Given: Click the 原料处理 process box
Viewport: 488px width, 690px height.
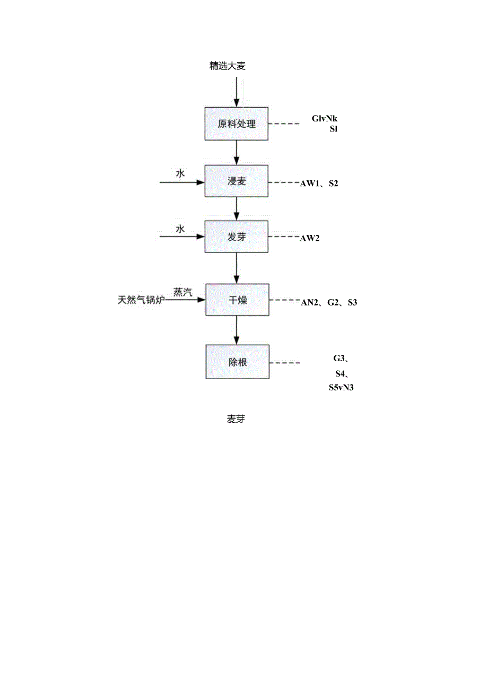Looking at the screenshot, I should point(237,124).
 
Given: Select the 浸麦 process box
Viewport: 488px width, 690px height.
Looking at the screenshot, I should point(237,181).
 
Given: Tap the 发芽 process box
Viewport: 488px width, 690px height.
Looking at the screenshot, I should point(237,237).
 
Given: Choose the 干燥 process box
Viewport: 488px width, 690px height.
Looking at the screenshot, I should point(237,300).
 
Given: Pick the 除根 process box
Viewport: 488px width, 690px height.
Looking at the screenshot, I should point(237,362).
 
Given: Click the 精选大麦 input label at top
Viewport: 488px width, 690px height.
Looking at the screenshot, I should point(228,66).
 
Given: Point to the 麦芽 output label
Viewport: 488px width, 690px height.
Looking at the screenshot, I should point(236,419).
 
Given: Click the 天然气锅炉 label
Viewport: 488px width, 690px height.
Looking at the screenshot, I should point(142,300).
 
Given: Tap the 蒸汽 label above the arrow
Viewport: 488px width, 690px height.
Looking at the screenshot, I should point(182,292).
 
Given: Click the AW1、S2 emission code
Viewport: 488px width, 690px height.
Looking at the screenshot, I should point(319,184).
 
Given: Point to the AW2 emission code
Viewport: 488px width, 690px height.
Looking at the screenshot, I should point(310,238).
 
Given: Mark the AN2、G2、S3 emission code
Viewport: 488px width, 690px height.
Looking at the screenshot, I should point(329,303).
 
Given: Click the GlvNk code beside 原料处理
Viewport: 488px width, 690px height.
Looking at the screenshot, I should point(325,119).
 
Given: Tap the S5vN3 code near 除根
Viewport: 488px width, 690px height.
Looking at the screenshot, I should point(341,388).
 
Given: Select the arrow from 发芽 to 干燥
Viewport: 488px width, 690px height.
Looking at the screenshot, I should point(237,268).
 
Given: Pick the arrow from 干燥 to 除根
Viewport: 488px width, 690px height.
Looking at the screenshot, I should point(237,330).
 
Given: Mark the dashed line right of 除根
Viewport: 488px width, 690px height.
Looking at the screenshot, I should point(285,363).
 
